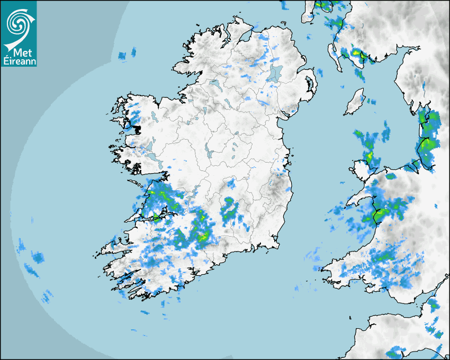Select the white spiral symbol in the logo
tap(19, 24)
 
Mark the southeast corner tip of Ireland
tap(277, 245)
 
